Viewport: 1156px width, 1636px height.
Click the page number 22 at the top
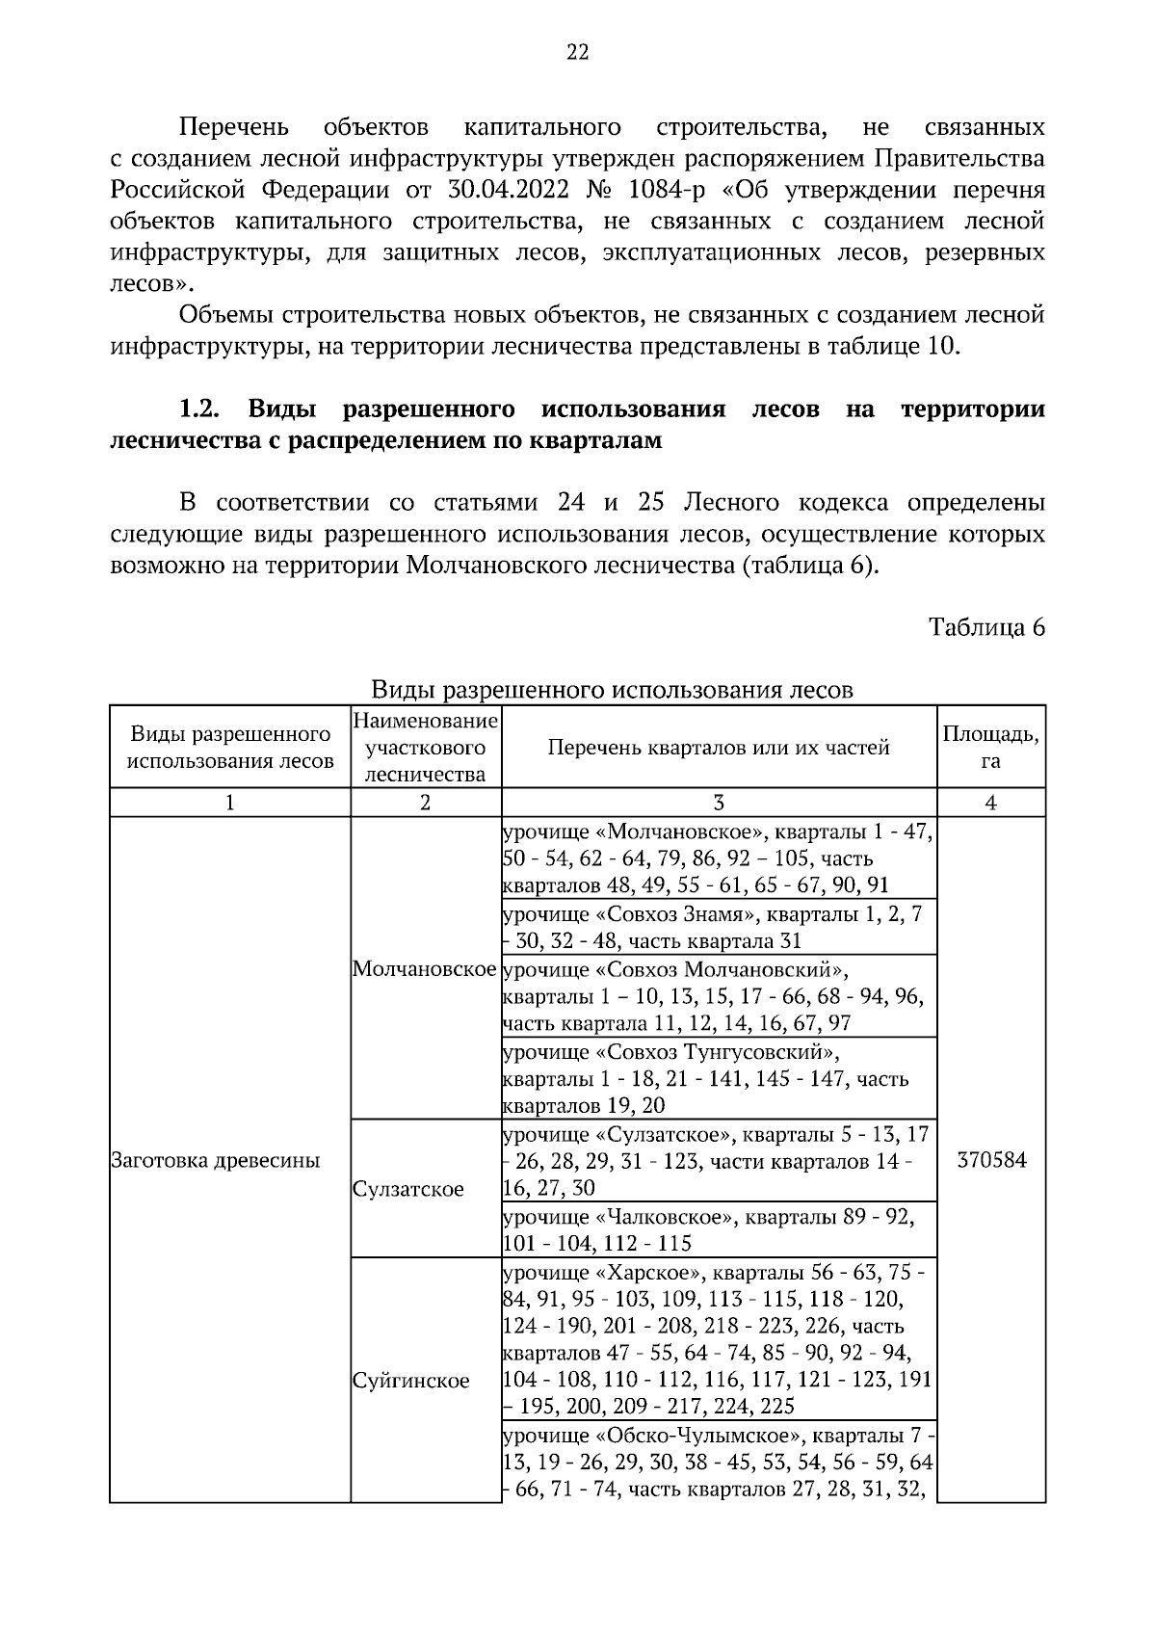[x=577, y=53]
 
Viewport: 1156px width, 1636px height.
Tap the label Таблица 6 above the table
[x=986, y=627]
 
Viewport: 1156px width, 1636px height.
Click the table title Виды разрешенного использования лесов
[x=612, y=690]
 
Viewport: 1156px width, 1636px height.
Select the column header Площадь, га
[x=990, y=747]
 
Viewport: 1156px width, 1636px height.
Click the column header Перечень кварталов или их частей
[x=719, y=747]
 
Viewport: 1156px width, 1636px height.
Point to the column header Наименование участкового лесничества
[x=425, y=747]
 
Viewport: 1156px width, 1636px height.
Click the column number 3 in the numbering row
[x=719, y=803]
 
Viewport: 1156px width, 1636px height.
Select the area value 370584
[x=991, y=1160]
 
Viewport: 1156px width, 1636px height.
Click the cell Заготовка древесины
[x=216, y=1160]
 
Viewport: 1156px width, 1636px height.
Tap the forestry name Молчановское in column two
[x=425, y=968]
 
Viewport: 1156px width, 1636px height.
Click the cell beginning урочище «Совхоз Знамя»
[x=713, y=927]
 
